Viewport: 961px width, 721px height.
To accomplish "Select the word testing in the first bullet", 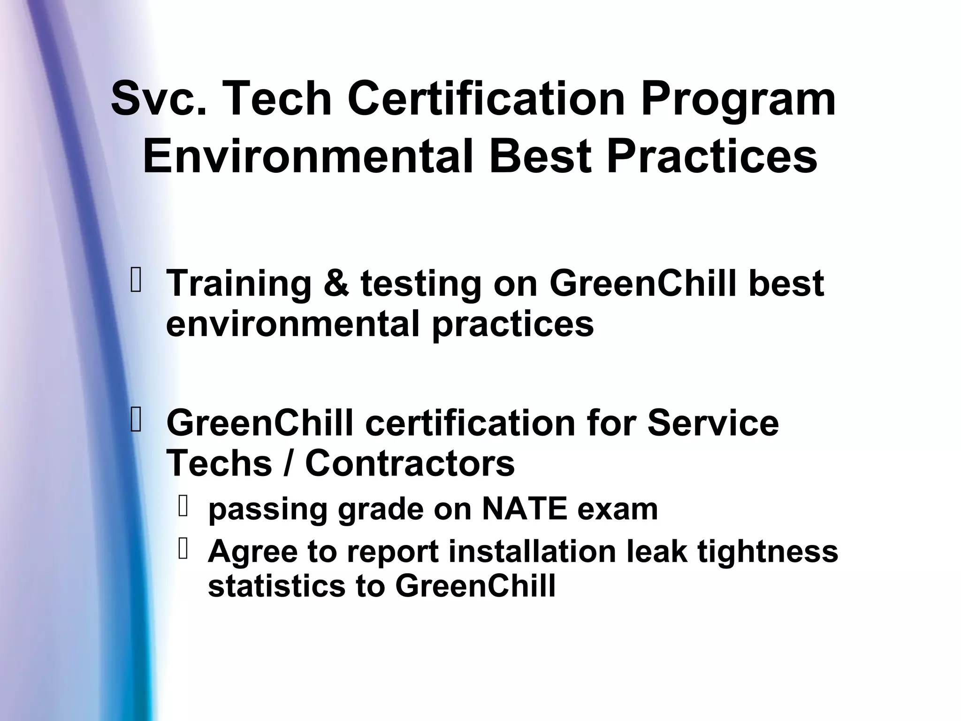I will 420,284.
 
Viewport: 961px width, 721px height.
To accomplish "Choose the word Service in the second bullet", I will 713,423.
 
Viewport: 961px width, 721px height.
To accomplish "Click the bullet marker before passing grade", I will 183,507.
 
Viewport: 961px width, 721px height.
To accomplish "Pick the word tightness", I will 767,551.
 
